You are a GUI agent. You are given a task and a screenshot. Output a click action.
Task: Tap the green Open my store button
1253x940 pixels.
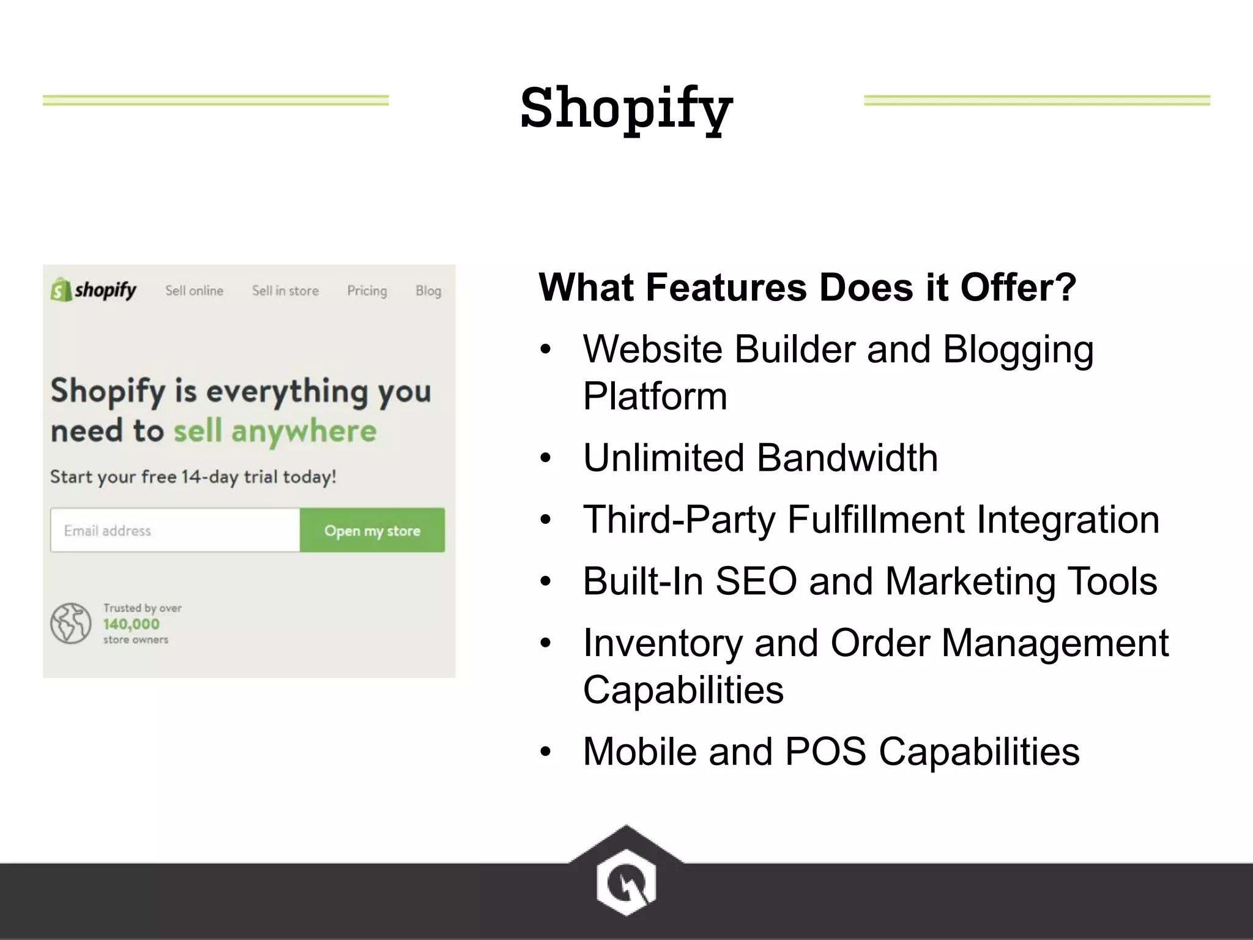point(372,530)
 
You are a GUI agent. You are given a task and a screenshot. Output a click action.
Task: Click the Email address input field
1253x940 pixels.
point(175,530)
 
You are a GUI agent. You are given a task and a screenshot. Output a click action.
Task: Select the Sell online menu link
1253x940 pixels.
point(194,291)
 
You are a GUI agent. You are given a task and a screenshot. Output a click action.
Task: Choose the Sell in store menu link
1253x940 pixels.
point(285,291)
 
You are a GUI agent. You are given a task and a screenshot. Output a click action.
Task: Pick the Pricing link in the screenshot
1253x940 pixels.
point(367,291)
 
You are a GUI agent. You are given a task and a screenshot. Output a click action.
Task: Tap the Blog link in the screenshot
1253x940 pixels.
point(428,291)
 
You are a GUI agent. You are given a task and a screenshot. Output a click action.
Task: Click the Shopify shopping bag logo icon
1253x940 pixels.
point(59,290)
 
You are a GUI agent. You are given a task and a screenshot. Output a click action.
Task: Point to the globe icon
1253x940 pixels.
point(70,623)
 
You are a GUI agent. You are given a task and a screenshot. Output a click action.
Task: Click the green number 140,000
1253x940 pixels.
point(131,624)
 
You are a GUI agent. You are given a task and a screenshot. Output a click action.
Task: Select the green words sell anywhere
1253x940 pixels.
point(275,431)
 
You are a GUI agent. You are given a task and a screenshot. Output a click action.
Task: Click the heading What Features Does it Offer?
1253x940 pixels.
point(807,287)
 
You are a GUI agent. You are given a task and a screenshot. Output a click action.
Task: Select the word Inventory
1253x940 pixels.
point(663,643)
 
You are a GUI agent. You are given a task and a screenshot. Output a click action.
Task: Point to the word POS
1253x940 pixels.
point(825,752)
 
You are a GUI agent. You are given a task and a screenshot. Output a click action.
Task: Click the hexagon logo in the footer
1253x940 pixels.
point(626,882)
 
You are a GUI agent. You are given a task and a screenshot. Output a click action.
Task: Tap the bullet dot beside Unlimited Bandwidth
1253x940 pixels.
point(546,458)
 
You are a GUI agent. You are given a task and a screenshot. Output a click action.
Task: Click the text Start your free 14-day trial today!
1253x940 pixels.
point(193,477)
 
